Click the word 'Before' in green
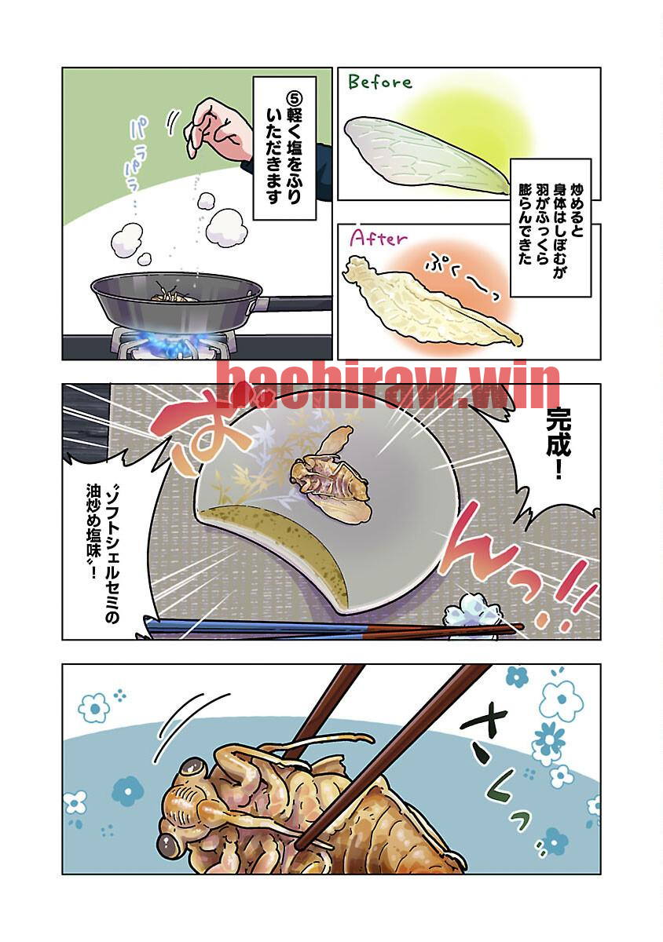click(x=380, y=82)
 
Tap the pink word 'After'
click(x=379, y=239)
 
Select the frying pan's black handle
click(x=296, y=303)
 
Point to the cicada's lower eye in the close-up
click(x=169, y=841)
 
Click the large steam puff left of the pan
click(x=127, y=239)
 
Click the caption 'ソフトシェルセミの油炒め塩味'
click(x=102, y=554)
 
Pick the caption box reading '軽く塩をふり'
click(x=284, y=148)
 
